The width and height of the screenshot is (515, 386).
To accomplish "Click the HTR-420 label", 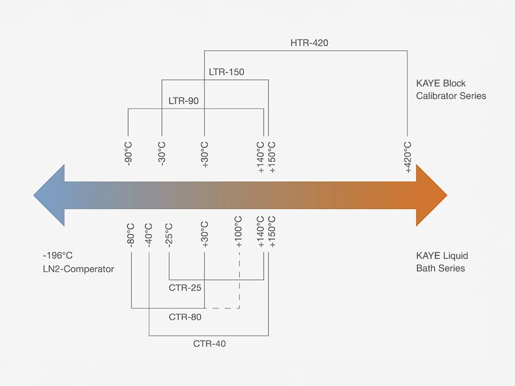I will coord(309,43).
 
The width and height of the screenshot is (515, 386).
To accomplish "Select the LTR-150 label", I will coord(226,72).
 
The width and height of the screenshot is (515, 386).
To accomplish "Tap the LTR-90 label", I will coord(184,101).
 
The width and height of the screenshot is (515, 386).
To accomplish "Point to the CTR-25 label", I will coord(185,288).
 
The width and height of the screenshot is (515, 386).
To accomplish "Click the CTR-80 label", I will coord(185,317).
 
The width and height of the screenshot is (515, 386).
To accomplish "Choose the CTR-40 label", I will coord(210,344).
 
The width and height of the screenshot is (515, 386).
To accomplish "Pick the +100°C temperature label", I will coord(238,232).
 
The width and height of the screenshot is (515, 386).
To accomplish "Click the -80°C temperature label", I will coord(131,234).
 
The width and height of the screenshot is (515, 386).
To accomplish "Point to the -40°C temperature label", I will coord(149,234).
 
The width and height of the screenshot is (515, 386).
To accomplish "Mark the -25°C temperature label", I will coord(168,234).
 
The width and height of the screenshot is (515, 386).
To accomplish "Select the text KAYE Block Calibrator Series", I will coord(451,89).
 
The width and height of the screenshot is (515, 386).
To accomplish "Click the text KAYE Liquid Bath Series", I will coord(442,262).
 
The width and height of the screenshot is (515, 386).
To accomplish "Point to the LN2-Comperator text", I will coord(78,269).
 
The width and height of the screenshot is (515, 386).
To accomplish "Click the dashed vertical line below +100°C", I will coord(239,279).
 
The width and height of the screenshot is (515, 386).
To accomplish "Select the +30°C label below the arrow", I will coord(205,234).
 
